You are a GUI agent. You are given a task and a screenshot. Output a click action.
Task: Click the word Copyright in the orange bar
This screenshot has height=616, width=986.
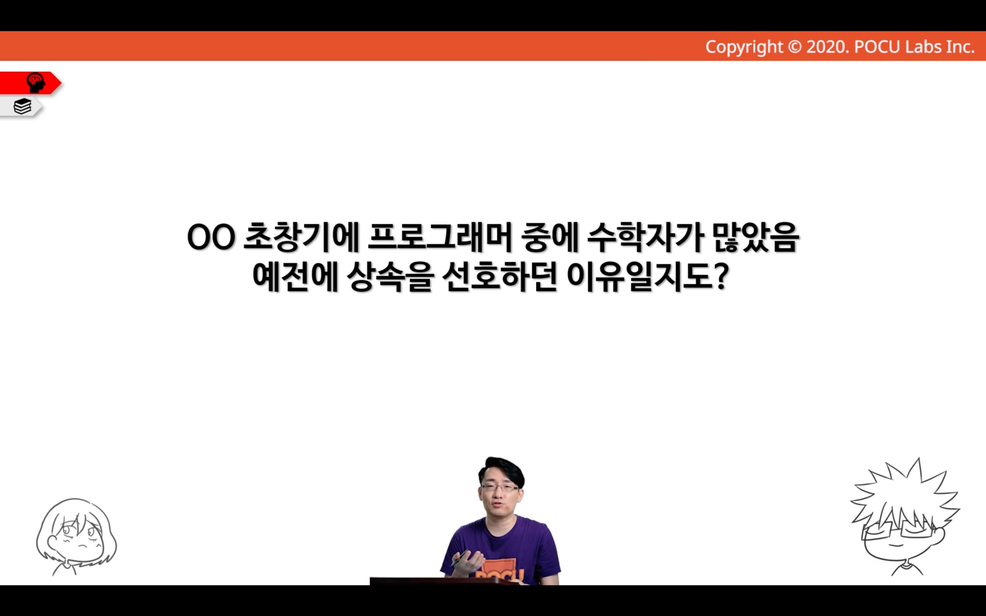coord(744,48)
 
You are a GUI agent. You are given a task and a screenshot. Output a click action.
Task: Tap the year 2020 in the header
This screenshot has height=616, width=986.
coord(826,47)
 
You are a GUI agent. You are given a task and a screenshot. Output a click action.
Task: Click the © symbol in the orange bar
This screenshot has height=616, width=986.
coord(794,47)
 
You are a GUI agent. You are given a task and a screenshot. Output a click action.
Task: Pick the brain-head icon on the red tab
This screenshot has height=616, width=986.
coord(35,83)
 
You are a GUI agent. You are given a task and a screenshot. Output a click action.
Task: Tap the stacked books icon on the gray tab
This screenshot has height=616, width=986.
coord(22,106)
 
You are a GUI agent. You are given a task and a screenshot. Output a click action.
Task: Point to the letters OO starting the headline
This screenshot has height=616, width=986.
coord(211,239)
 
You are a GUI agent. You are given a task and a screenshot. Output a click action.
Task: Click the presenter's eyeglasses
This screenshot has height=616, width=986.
coord(500,488)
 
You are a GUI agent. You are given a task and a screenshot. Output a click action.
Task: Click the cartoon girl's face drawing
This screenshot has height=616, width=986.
coord(76,537)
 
